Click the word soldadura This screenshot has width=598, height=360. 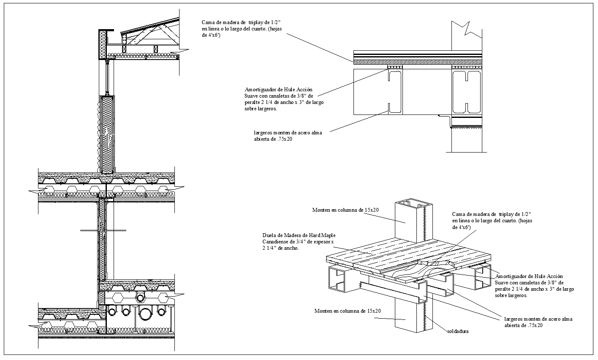(458, 331)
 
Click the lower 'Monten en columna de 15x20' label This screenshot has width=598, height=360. (347, 311)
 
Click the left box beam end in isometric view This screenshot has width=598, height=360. (337, 280)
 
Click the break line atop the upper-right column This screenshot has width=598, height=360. (467, 29)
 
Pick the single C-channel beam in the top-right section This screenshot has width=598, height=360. (394, 92)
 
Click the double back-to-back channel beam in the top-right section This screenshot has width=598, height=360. (466, 92)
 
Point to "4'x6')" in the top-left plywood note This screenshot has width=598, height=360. (212, 36)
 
